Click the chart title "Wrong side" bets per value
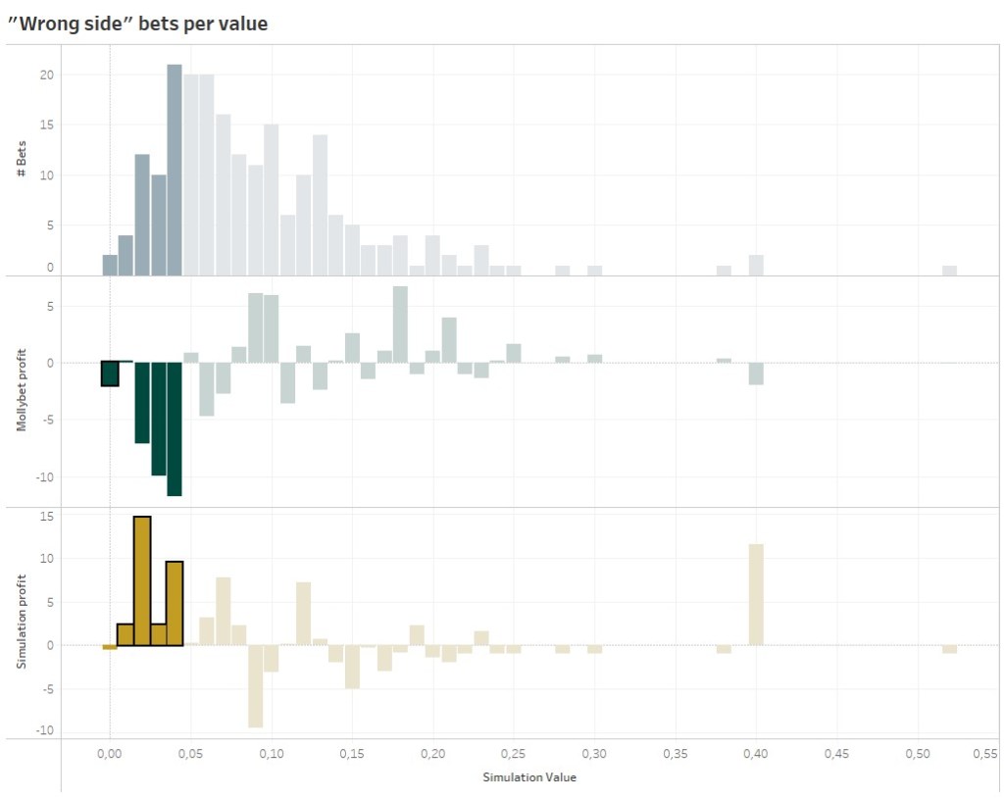pos(137,24)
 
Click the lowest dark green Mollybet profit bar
pos(175,429)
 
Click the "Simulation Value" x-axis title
pos(528,776)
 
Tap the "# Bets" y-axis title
pos(21,159)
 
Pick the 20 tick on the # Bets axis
pos(47,75)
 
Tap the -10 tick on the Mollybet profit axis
pos(42,477)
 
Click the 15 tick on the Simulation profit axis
pos(46,517)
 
